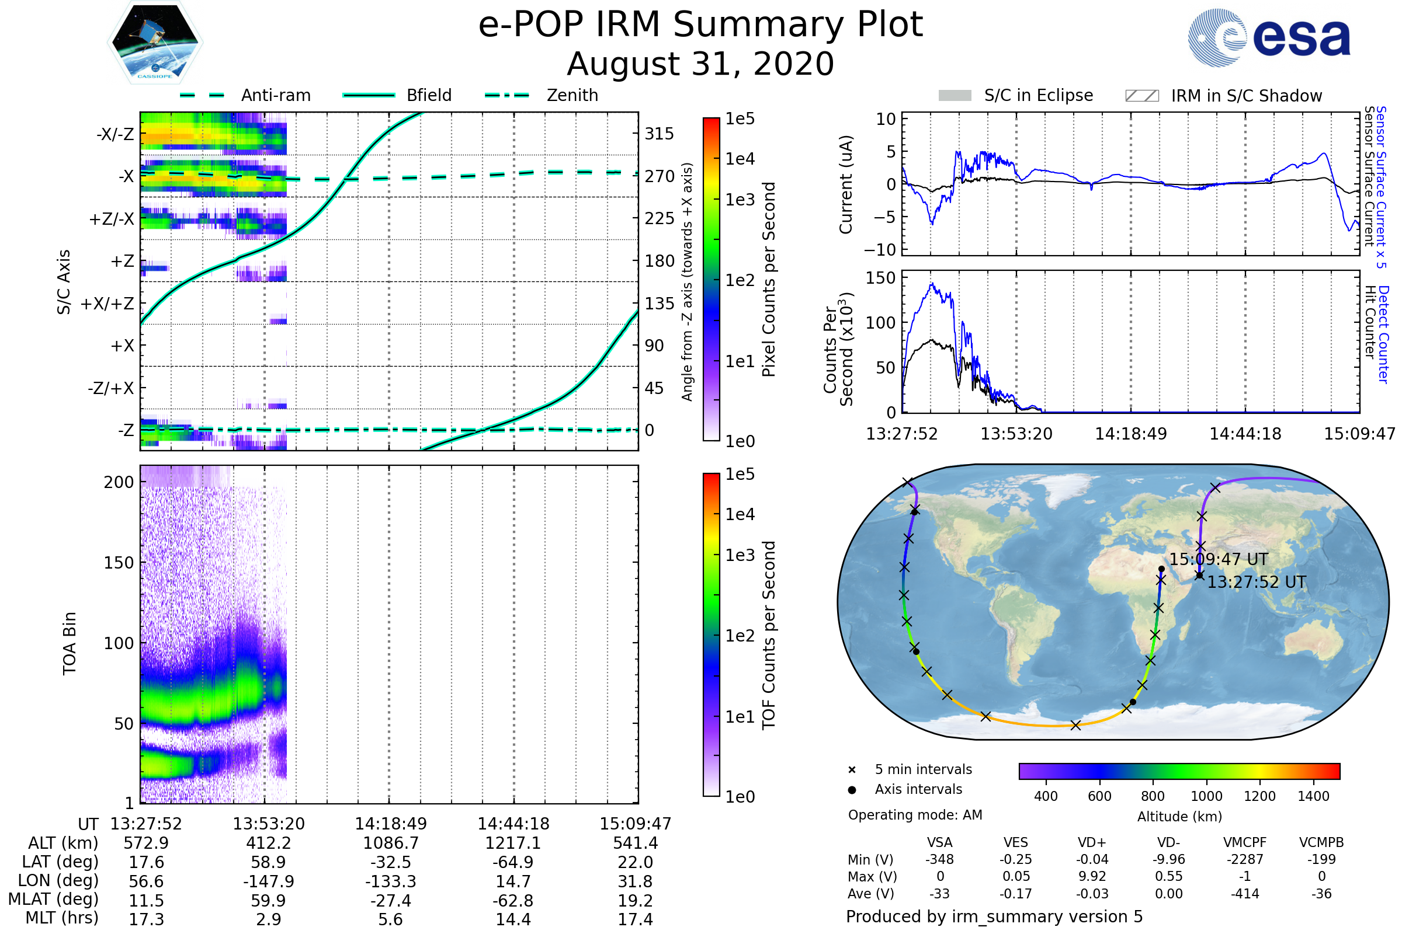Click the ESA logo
click(x=1269, y=37)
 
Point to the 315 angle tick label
click(x=660, y=134)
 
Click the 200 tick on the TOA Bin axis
click(x=119, y=483)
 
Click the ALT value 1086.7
click(x=391, y=843)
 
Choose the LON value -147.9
click(x=268, y=881)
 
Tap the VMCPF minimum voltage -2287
click(x=1245, y=859)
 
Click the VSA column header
click(x=939, y=842)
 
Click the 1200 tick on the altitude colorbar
click(x=1259, y=796)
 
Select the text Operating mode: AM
click(x=915, y=815)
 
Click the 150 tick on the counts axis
click(x=880, y=278)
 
